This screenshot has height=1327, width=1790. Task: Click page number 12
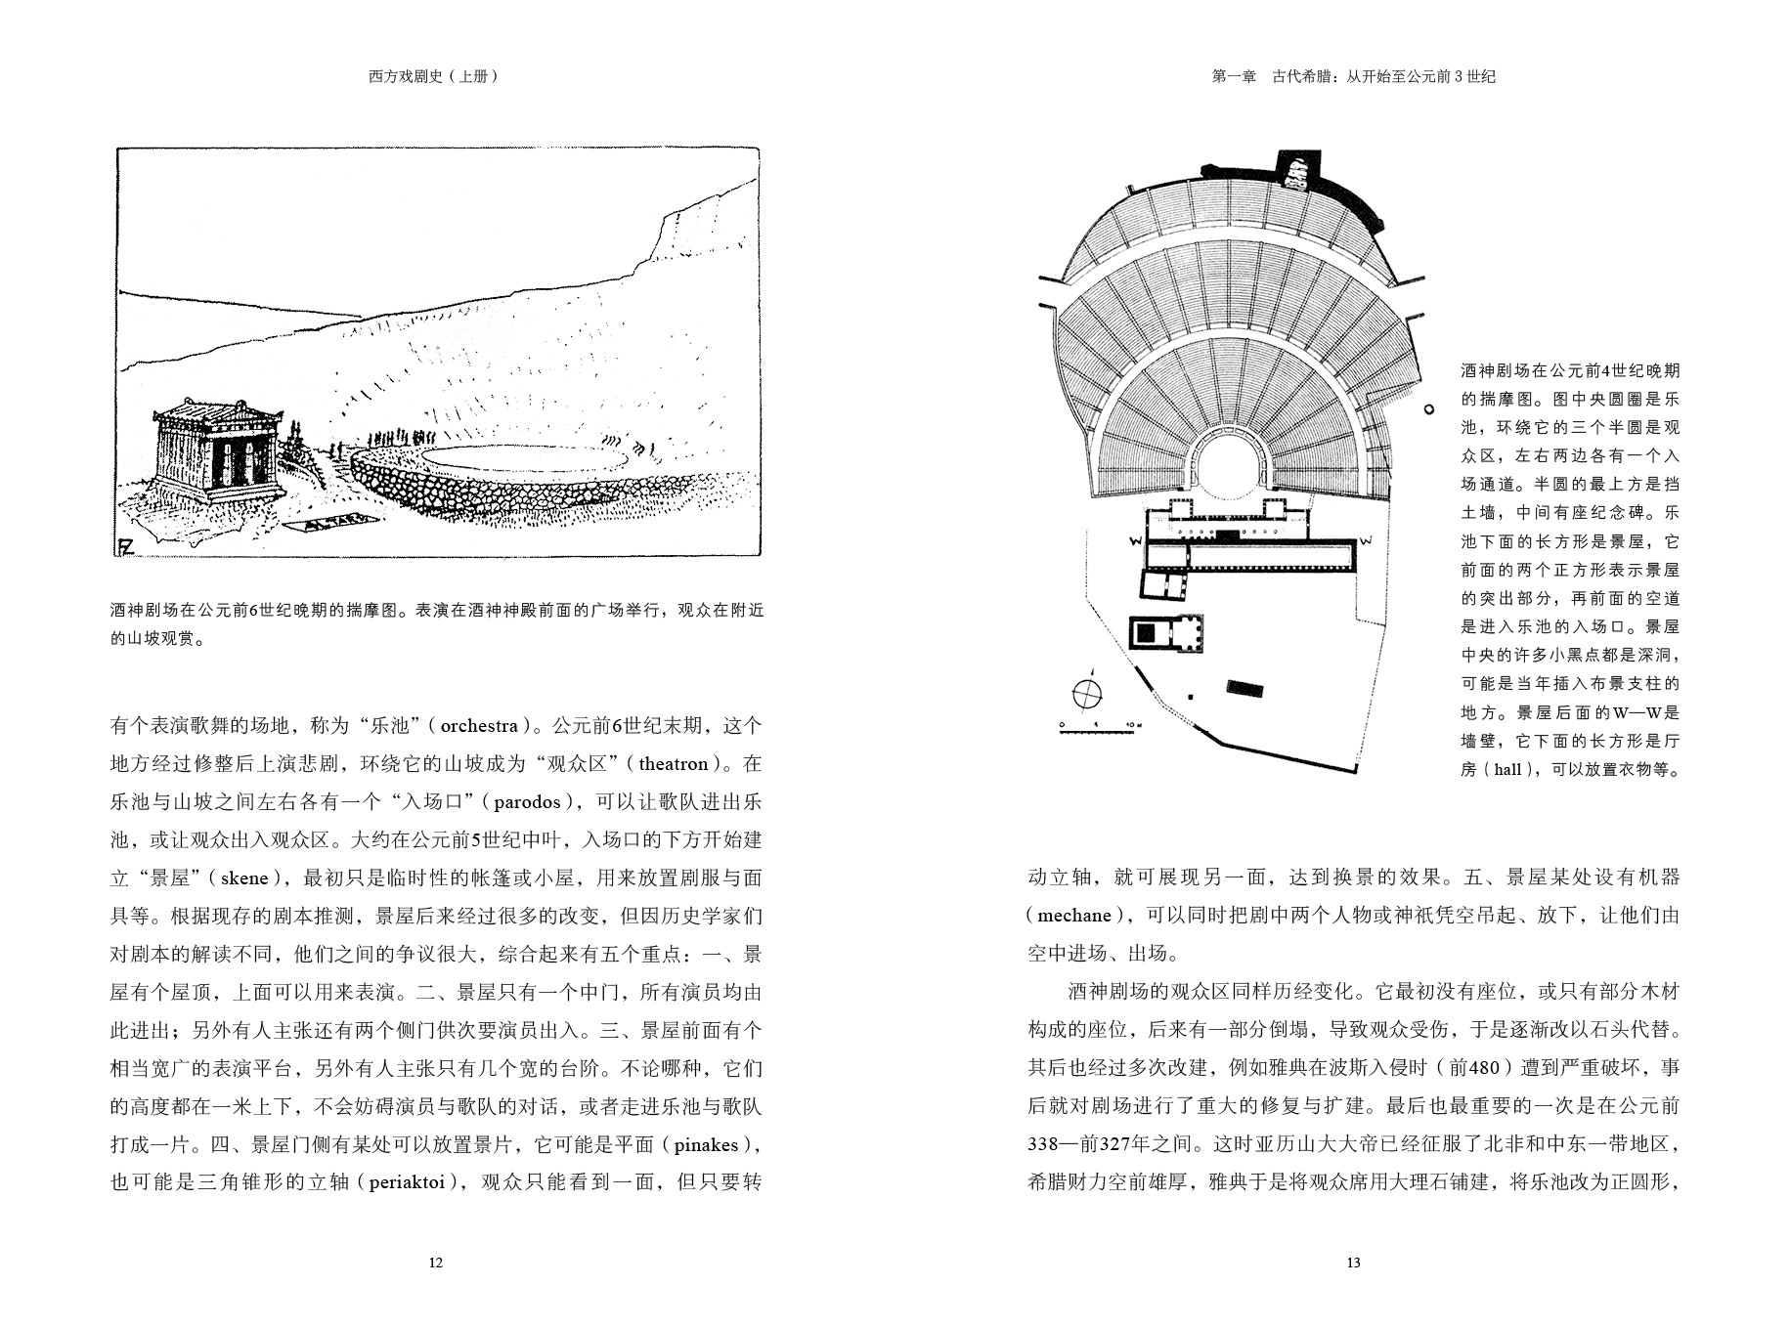click(x=436, y=1263)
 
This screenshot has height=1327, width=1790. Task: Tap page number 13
click(x=1353, y=1263)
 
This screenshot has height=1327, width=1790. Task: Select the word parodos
click(x=527, y=802)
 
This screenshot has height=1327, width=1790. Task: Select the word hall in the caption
click(x=1507, y=770)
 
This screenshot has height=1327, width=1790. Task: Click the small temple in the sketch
click(x=216, y=445)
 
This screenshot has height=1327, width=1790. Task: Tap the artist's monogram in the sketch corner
click(x=126, y=545)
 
